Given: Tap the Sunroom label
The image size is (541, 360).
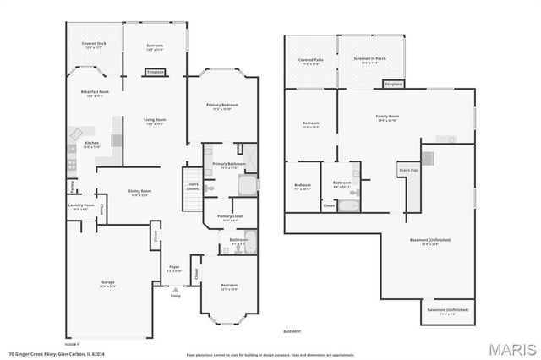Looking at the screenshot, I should pos(155,46).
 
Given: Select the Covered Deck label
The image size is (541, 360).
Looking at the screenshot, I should pos(94,44).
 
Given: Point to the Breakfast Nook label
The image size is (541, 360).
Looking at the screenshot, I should pos(93,92).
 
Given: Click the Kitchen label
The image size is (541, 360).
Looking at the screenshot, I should pos(92,144).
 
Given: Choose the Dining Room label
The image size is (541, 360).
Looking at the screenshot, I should pos(139,192).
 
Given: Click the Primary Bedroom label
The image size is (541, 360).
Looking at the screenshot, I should pos(222,106).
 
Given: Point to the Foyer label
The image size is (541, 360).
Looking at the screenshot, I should pos(174,269).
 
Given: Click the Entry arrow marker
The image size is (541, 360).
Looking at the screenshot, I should pos(175,289).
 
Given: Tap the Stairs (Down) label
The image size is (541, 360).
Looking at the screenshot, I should pos(193,187).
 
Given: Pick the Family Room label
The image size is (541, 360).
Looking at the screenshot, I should pos(387,117).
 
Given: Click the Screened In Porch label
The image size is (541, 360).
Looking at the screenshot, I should pos(369,59).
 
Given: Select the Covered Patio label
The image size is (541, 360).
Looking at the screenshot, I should pos(310,61).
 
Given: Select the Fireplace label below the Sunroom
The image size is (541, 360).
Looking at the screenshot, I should pos(155,73).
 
